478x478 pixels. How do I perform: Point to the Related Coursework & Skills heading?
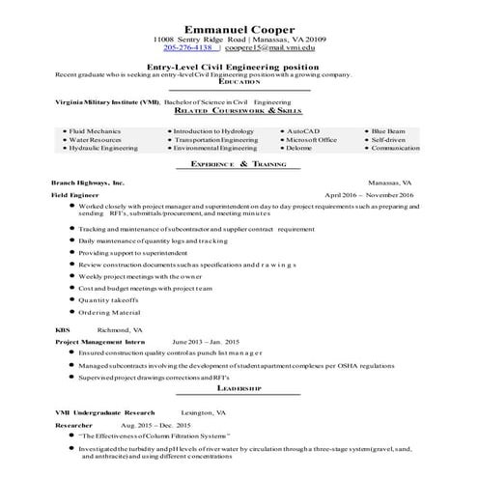point(239,112)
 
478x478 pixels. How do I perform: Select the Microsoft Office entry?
point(311,139)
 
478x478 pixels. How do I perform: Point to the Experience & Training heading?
point(239,165)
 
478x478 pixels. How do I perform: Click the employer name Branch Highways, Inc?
point(88,182)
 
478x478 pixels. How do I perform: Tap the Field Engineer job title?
point(78,195)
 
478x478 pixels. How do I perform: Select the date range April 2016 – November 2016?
point(370,195)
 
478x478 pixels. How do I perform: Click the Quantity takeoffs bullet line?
point(108,299)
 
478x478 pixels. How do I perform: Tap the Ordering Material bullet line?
point(109,312)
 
